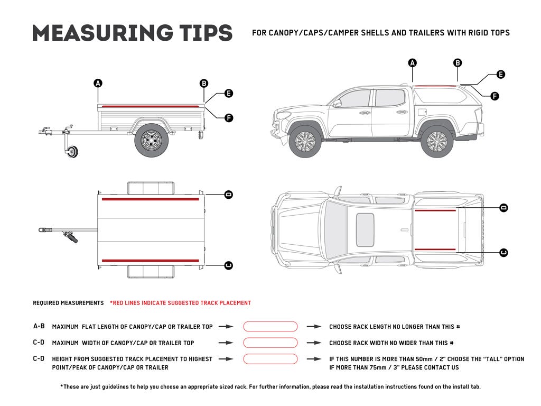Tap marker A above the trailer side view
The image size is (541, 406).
[x=98, y=83]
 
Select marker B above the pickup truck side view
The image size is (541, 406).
[x=458, y=63]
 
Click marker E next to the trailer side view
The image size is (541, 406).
[x=228, y=94]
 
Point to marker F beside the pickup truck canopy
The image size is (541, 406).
[x=495, y=96]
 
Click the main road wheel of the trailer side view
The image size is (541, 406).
[x=152, y=140]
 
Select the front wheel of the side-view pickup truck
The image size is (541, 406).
[x=305, y=142]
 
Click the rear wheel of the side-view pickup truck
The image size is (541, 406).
[x=436, y=142]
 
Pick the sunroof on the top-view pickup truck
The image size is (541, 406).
[x=365, y=230]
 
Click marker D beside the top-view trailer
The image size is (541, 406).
[x=228, y=195]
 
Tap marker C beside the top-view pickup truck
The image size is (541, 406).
[x=503, y=253]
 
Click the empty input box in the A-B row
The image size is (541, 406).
[x=270, y=327]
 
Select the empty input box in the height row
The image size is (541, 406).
[x=270, y=359]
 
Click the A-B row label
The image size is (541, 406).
[x=39, y=327]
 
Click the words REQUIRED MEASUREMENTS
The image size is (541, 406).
[x=68, y=303]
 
